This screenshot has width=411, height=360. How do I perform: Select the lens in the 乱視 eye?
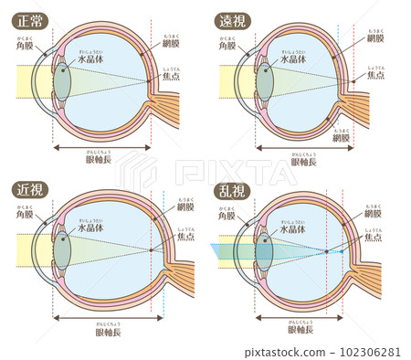[265, 250]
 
